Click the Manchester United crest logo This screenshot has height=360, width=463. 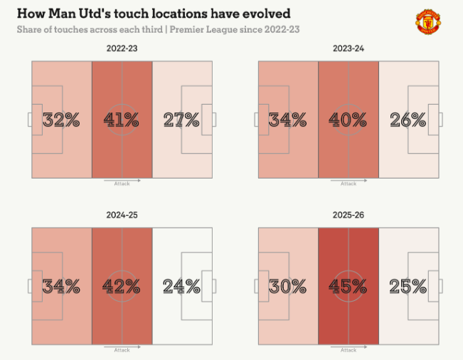coord(427,22)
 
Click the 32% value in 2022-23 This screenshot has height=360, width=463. coord(61,120)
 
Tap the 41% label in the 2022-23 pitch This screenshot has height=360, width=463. coord(122,120)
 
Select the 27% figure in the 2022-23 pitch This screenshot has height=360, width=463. coord(181,120)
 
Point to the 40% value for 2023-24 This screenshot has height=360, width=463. coord(348,120)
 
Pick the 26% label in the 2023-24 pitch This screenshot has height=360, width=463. coord(408,120)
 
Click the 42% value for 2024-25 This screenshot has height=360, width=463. coord(122,287)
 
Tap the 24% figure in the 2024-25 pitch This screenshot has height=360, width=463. coord(181,287)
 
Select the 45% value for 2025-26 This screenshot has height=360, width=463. coord(348,287)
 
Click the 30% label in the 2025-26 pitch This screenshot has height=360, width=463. coord(288,287)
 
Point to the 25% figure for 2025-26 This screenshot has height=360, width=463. coord(408,287)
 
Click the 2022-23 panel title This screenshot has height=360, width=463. coord(122,48)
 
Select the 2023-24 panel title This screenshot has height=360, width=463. coord(348,48)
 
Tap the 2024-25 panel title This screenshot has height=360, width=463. coord(122,215)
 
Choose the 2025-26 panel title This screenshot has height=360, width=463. coord(348,215)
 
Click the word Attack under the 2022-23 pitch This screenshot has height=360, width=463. coord(122,184)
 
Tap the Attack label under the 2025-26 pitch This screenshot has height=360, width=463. coord(348,350)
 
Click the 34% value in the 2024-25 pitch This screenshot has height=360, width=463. coord(61,287)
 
